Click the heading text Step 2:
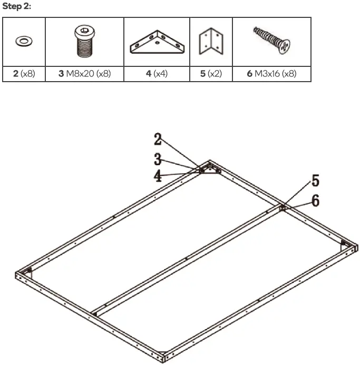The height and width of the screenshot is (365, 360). coord(17,6)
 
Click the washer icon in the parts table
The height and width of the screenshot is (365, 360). coord(24,41)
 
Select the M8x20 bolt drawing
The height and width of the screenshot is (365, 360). coord(85,41)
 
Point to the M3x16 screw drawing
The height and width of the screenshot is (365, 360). coord(272,41)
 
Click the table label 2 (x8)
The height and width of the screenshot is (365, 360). coord(24,74)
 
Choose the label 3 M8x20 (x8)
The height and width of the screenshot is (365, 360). coord(85,74)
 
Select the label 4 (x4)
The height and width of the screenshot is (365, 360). coord(157,74)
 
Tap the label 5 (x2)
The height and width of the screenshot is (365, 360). coord(211,74)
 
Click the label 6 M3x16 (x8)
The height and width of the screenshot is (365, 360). coord(271,74)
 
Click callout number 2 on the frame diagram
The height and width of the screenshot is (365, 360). coord(158,140)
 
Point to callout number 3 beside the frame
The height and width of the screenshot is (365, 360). coord(158,158)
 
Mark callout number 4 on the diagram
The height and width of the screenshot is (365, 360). coord(158,176)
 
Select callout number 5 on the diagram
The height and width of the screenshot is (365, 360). coord(315,181)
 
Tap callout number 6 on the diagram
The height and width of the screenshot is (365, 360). coord(315,201)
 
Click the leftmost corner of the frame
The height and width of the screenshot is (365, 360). coord(18,275)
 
